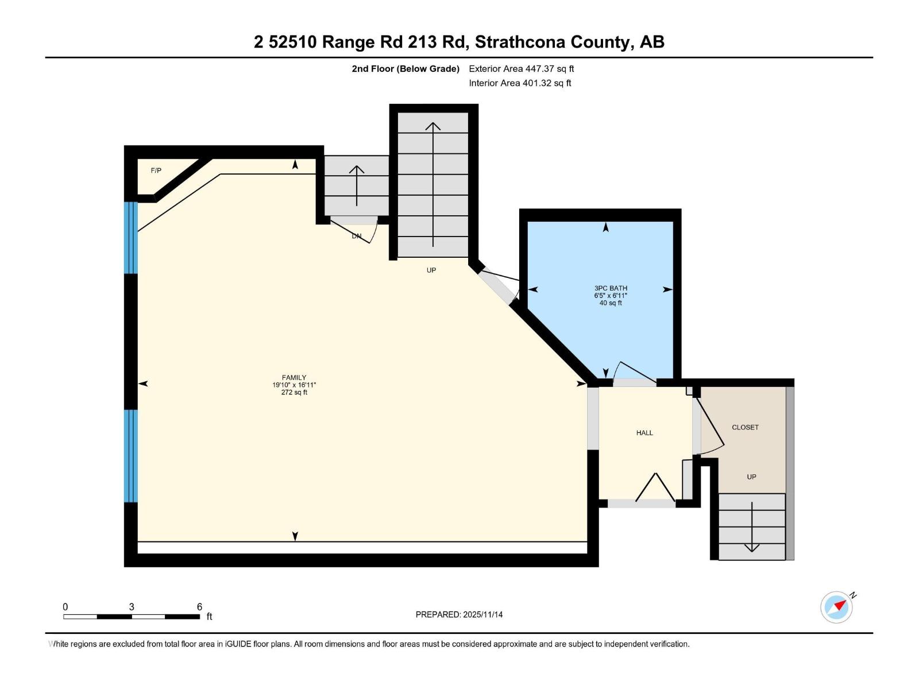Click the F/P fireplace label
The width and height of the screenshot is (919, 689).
click(156, 171)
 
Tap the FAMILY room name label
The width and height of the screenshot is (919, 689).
click(294, 377)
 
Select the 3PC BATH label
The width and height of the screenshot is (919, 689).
click(611, 288)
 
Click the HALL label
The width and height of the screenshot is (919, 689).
click(644, 433)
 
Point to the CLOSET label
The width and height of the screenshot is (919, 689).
click(745, 427)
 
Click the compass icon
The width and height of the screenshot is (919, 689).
click(836, 607)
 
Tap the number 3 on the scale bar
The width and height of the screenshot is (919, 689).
click(132, 607)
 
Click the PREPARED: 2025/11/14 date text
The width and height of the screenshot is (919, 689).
click(459, 614)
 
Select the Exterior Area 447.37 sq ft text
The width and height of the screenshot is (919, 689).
click(521, 69)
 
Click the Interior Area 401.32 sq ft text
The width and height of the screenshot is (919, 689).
click(520, 83)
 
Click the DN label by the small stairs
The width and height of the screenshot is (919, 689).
click(357, 236)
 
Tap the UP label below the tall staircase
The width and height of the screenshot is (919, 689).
click(431, 270)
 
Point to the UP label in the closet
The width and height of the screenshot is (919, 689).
click(751, 477)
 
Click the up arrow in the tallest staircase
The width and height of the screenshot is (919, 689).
click(433, 184)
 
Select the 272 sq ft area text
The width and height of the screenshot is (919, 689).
click(294, 393)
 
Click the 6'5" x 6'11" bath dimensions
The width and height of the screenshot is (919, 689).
click(611, 296)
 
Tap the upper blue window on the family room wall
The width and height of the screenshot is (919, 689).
click(131, 237)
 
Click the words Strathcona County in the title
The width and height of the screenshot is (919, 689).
click(553, 42)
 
